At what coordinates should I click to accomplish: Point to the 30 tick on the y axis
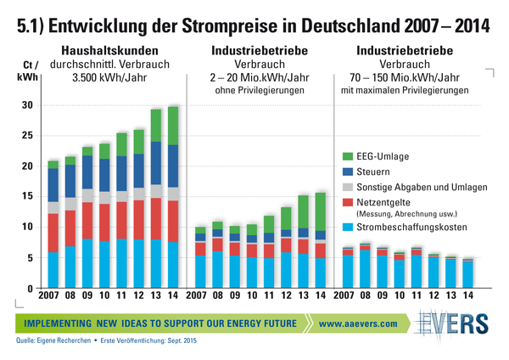tap(25, 105)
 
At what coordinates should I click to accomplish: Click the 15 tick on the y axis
tap(25, 197)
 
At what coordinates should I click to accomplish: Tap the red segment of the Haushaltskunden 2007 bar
tap(53, 233)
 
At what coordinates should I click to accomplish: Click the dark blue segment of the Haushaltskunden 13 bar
tap(156, 163)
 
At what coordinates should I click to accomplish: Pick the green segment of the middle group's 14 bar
tap(319, 211)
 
